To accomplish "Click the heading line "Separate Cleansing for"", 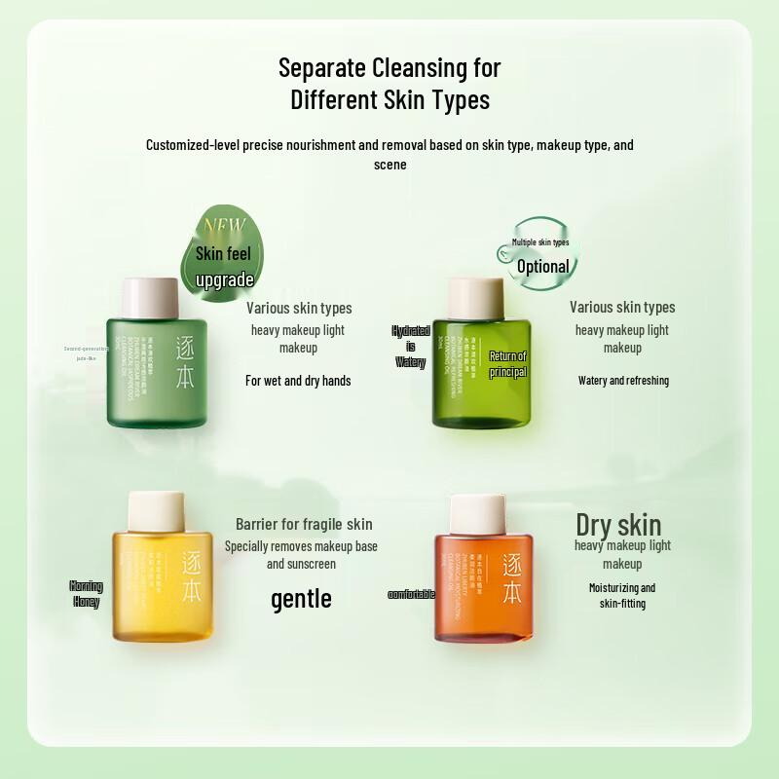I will [389, 68].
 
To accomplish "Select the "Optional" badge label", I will [542, 266].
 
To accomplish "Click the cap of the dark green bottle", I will [149, 298].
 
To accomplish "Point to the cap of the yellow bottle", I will [156, 511].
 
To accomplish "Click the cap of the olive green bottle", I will [475, 298].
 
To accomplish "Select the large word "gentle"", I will [301, 598].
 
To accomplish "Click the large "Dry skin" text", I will [618, 525].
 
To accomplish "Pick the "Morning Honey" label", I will [86, 593].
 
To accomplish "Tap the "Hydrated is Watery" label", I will [410, 347].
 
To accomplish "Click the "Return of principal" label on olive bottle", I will [507, 364].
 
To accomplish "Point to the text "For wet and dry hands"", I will [298, 381].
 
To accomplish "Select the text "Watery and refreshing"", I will [623, 381].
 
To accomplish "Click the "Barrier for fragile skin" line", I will [304, 524].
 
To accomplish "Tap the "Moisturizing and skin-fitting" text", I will [622, 595].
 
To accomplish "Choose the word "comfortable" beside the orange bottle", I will [411, 594].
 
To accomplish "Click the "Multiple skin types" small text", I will [540, 241].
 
